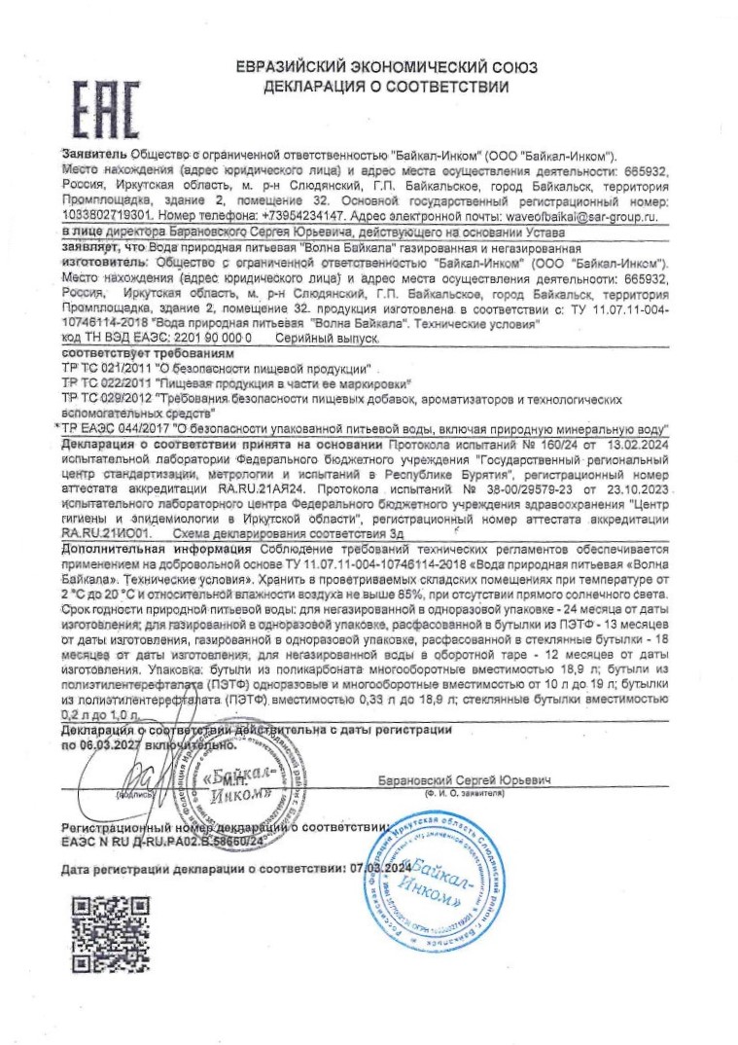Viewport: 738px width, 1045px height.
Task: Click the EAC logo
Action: point(106,106)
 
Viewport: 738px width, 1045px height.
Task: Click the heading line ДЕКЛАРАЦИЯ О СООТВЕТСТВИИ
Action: point(386,87)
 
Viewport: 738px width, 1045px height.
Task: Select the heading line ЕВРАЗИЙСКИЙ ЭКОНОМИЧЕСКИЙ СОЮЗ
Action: point(386,67)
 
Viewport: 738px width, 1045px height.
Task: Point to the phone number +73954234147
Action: point(287,217)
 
